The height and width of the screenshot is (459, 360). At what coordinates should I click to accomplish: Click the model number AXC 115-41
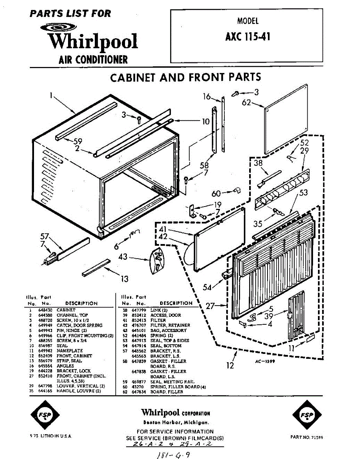point(248,36)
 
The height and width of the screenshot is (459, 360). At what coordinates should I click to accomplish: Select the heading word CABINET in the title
point(133,77)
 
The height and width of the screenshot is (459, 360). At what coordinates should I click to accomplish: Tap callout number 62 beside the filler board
point(246,103)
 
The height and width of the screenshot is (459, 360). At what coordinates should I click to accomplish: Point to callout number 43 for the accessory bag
point(123,257)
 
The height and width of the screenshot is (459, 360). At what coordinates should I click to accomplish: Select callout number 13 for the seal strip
point(125,279)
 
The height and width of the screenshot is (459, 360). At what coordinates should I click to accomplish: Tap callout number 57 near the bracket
point(45,237)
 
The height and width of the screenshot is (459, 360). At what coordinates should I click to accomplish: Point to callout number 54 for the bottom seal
point(207,287)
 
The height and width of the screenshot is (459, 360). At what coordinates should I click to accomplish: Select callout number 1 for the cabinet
point(50,96)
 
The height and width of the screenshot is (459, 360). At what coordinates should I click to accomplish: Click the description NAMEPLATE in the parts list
point(70,350)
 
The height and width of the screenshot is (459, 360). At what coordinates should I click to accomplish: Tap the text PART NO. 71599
point(306,437)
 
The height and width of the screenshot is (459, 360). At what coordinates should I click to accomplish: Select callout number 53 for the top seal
point(303,192)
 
